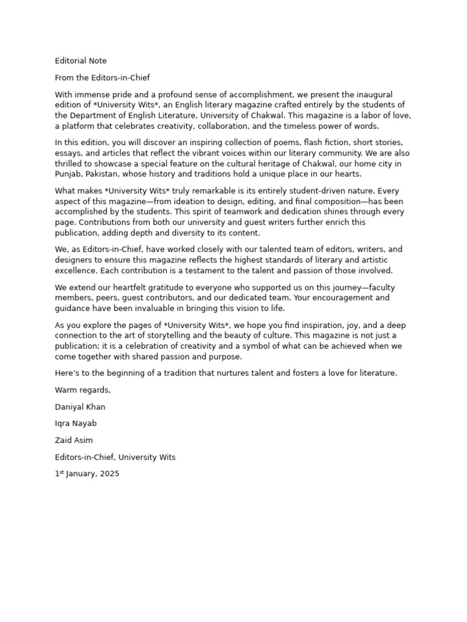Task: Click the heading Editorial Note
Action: pyautogui.click(x=81, y=61)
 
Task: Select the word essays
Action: pyautogui.click(x=68, y=154)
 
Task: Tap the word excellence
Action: pyautogui.click(x=76, y=270)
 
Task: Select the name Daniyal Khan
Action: pyautogui.click(x=80, y=407)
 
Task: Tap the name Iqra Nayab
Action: pyautogui.click(x=75, y=423)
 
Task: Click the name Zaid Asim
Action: pyautogui.click(x=74, y=440)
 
